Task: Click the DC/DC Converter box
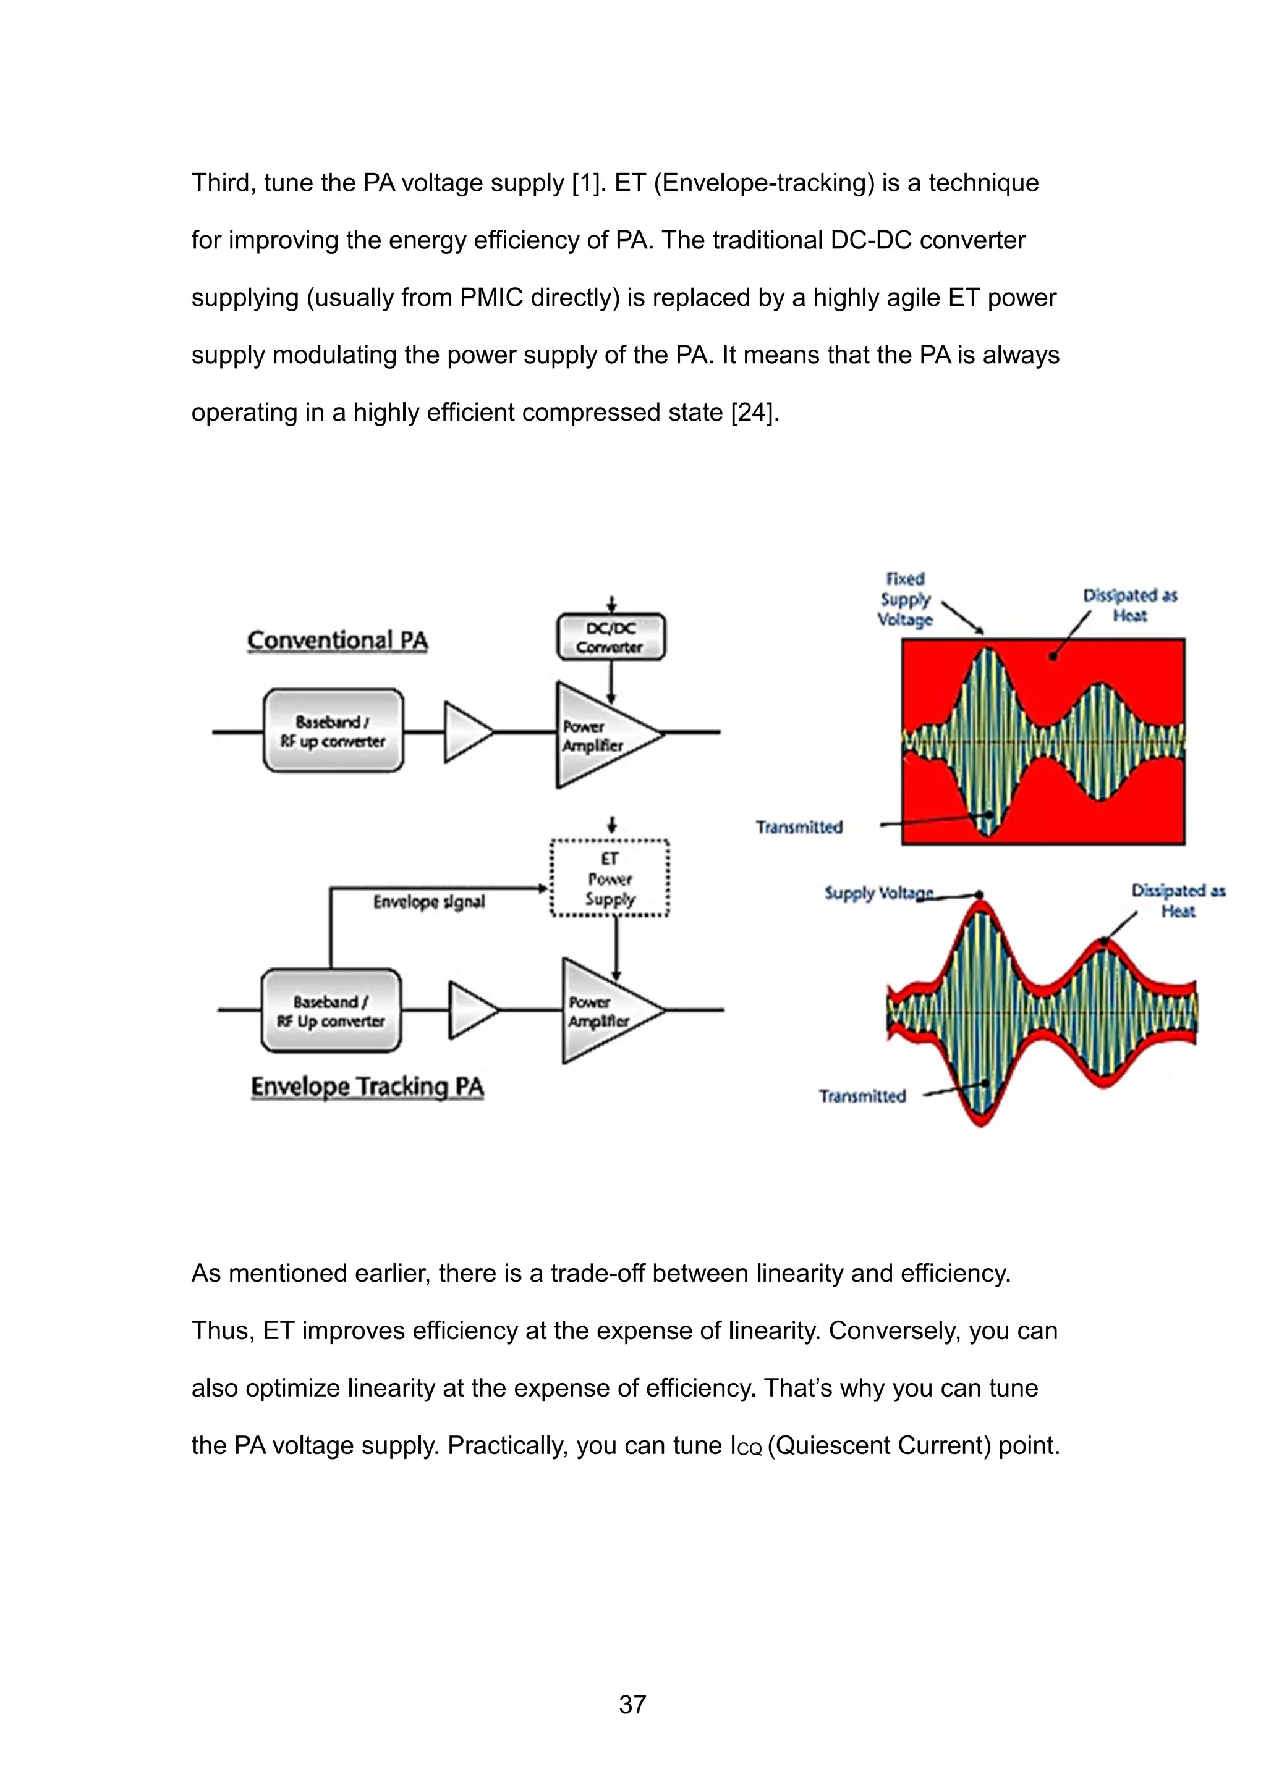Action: [x=611, y=637]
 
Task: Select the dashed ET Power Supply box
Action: [x=610, y=878]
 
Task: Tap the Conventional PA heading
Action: [x=337, y=641]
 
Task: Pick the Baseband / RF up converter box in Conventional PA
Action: [x=333, y=731]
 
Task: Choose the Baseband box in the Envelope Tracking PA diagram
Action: [x=331, y=1011]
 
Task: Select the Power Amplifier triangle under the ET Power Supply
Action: [x=605, y=1011]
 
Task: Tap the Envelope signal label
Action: [x=429, y=902]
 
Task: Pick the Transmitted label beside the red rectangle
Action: [x=799, y=827]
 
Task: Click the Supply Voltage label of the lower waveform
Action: [x=878, y=893]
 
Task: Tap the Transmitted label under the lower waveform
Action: [x=862, y=1096]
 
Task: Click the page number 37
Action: [x=632, y=1705]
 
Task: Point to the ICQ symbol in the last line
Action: [x=746, y=1446]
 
